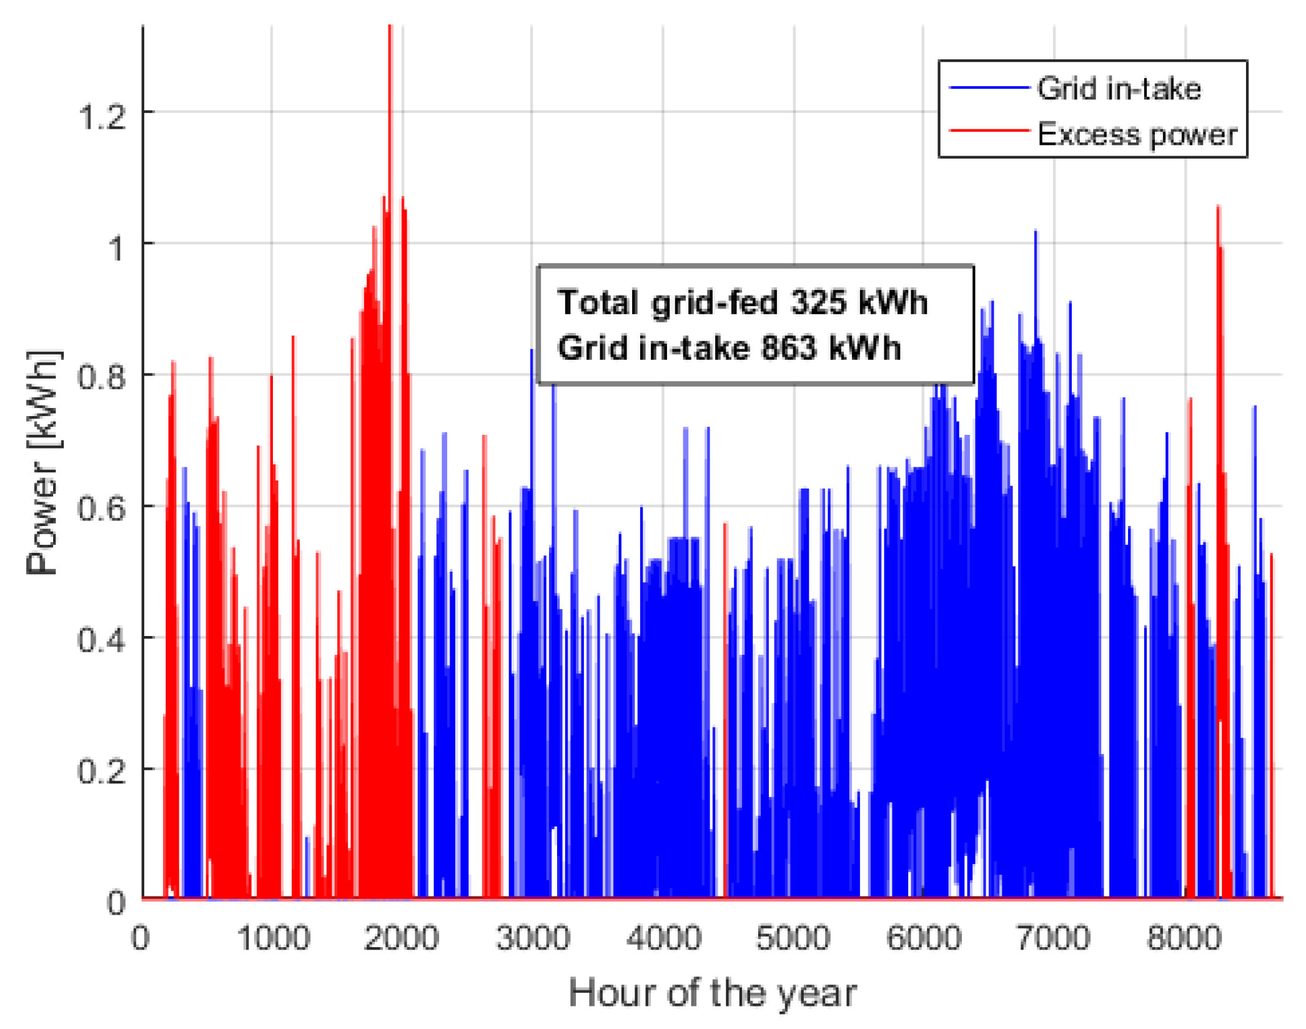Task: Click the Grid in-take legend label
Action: (1119, 89)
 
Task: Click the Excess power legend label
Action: (1137, 134)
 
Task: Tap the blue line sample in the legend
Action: (988, 88)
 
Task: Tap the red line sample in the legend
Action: (988, 131)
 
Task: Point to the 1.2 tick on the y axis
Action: (101, 116)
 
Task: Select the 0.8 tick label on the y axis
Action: (101, 377)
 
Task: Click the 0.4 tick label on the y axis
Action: (101, 640)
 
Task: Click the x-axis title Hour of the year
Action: (712, 993)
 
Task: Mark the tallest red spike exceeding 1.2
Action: (390, 37)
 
